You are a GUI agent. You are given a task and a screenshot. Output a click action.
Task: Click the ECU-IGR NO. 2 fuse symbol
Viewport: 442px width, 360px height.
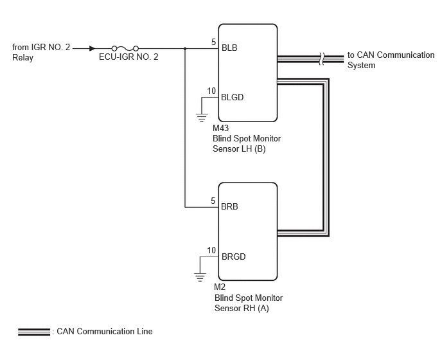click(125, 48)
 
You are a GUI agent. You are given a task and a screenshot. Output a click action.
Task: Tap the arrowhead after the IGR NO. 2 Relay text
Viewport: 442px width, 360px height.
click(92, 48)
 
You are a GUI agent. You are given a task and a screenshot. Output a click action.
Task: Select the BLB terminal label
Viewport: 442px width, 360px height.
click(229, 48)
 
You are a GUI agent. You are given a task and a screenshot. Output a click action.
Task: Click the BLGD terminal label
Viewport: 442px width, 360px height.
click(233, 97)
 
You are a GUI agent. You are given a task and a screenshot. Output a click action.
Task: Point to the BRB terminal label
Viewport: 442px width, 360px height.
click(229, 206)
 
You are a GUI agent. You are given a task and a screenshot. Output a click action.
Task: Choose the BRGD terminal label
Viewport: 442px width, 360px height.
click(234, 256)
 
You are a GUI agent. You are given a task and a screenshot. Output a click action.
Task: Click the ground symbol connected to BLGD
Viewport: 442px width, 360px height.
click(202, 118)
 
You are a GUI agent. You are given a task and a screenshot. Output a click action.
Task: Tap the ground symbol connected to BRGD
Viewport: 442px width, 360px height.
click(200, 277)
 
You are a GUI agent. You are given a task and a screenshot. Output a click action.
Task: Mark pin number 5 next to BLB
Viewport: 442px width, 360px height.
click(214, 42)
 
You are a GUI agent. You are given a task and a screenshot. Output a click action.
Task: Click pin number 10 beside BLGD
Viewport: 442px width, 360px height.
click(211, 91)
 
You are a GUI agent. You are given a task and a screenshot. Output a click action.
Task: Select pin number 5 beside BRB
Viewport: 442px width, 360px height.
click(213, 201)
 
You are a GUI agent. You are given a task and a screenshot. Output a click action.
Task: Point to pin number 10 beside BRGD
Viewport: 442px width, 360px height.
click(211, 250)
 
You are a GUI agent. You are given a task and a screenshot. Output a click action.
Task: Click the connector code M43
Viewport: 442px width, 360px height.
click(221, 128)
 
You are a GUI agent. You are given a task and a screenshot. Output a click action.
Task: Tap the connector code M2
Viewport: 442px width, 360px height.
click(220, 287)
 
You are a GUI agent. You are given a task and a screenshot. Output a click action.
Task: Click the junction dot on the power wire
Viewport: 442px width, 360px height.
click(185, 48)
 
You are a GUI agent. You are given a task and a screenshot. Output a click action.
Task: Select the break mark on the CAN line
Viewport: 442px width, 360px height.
click(322, 59)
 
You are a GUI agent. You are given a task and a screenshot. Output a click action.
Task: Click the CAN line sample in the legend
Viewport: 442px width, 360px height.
click(34, 332)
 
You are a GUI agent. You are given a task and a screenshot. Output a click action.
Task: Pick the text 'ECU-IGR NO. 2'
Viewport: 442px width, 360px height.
click(128, 57)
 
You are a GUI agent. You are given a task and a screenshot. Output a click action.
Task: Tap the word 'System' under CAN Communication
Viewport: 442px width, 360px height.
click(361, 65)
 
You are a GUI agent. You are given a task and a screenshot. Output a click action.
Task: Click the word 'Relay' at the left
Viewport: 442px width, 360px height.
click(23, 58)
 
